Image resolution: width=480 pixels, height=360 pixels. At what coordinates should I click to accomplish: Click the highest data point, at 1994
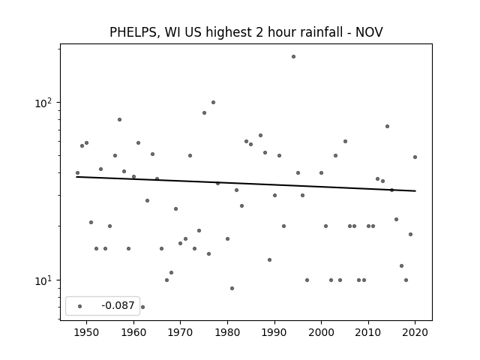(x=293, y=57)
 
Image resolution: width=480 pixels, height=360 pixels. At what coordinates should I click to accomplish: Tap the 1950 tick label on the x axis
(x=87, y=332)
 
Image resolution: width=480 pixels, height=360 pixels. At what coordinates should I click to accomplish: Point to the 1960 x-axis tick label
(x=133, y=332)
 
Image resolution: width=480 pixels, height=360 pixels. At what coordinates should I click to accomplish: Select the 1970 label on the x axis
(x=180, y=332)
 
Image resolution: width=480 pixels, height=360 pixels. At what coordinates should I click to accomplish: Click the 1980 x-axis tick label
(x=227, y=332)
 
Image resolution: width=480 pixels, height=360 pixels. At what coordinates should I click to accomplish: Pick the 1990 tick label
(x=274, y=332)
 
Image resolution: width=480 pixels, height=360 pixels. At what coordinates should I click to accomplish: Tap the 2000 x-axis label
(x=322, y=332)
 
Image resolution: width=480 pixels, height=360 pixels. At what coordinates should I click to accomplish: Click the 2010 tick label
(x=368, y=332)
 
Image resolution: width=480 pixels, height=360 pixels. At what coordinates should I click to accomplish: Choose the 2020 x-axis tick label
(x=415, y=332)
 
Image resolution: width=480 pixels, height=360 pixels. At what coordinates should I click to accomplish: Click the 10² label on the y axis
(x=43, y=103)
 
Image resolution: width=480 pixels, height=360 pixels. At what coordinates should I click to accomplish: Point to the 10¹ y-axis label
(x=43, y=280)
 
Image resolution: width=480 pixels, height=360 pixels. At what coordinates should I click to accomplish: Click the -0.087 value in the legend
(x=118, y=305)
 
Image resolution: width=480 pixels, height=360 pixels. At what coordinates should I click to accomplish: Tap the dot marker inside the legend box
(x=80, y=307)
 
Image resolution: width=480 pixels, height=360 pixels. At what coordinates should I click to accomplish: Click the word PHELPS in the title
(x=133, y=32)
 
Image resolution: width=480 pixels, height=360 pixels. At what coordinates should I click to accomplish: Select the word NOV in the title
(x=369, y=32)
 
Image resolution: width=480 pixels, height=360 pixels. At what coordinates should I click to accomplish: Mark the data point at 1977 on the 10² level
(x=213, y=103)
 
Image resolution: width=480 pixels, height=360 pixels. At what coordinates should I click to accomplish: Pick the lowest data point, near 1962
(x=142, y=307)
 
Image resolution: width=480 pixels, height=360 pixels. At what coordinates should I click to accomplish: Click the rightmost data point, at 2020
(x=415, y=157)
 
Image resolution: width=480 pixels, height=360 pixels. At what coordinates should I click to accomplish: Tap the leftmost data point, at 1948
(x=77, y=173)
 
